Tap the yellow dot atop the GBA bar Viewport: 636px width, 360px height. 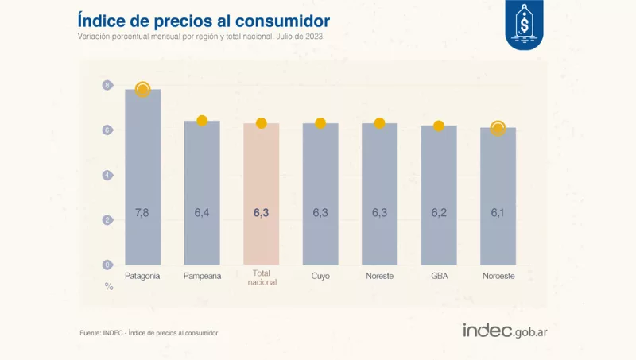pos(438,126)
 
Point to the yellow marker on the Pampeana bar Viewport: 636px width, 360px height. pos(202,121)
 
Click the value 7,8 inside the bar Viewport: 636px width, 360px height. pos(143,213)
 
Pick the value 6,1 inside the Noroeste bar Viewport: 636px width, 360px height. pos(498,213)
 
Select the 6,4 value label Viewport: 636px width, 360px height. pos(202,213)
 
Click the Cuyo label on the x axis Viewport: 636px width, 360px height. pos(320,276)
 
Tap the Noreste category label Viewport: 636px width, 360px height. pos(379,276)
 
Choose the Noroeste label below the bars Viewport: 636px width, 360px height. pos(498,276)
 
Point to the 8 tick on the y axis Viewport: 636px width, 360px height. pos(107,85)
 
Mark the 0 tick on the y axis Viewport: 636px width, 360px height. pos(107,265)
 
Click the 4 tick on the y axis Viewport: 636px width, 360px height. pos(107,175)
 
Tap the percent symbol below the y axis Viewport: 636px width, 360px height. pos(109,286)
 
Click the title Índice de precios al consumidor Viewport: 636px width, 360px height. pos(204,19)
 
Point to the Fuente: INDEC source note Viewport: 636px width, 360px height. pos(149,332)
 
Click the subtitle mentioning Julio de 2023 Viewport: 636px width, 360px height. pos(200,37)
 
